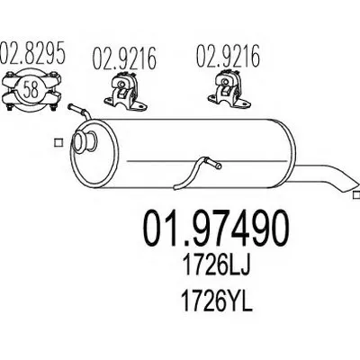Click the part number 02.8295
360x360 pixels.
coord(32,53)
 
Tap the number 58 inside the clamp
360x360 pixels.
coord(31,89)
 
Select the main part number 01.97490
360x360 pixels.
coord(216,228)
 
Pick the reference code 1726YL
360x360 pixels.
coord(217,301)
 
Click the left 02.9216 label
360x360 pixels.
coord(124,58)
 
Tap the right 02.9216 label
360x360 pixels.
coord(228,56)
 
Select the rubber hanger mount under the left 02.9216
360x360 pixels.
coord(125,90)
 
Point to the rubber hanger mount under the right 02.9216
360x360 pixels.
coord(229,88)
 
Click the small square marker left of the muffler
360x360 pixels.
coord(58,142)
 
